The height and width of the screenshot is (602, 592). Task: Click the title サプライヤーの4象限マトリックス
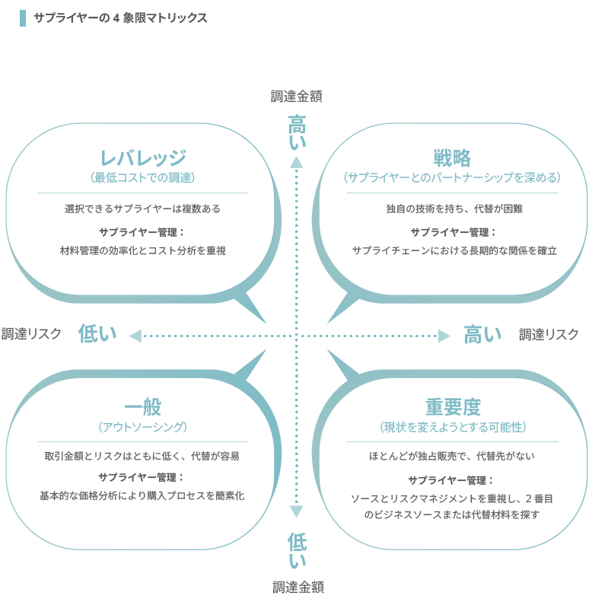120,18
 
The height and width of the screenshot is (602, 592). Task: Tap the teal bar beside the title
23,18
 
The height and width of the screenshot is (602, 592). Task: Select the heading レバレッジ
143,158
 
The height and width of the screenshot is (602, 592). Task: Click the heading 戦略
452,158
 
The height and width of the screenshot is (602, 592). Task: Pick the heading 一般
143,407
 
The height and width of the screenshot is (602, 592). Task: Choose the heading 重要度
453,407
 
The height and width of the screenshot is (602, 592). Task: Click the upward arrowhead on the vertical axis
296,162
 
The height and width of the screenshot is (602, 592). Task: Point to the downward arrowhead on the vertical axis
296,511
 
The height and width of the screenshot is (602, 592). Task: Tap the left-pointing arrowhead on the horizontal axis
135,336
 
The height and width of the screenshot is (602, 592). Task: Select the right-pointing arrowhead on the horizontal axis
444,336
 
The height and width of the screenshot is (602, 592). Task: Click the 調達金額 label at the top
297,97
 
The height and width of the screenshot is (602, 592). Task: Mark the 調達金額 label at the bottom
298,587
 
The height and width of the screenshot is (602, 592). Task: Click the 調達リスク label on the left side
31,333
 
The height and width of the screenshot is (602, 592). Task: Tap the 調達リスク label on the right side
549,334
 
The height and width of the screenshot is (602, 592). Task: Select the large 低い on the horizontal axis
97,333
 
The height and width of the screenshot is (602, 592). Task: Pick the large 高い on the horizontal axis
482,334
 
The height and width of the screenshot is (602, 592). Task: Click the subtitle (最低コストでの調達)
143,177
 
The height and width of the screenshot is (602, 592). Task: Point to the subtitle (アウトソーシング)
143,427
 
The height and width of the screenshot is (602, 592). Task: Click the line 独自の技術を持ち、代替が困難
454,209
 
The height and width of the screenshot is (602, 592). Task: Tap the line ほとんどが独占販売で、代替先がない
451,456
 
